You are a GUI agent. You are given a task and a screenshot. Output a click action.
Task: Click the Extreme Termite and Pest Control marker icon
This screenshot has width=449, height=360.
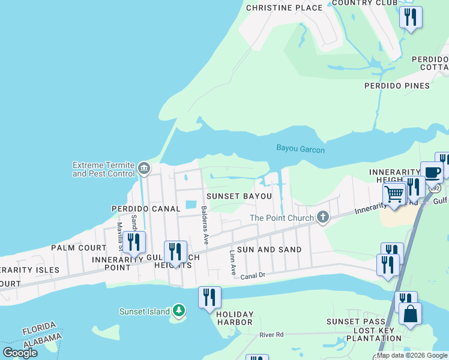143,169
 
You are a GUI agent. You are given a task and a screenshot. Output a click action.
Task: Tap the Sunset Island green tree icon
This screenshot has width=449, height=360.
178,311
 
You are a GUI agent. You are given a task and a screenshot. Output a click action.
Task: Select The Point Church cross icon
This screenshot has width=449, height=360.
323,217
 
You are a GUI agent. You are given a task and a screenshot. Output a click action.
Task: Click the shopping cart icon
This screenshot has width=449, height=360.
394,193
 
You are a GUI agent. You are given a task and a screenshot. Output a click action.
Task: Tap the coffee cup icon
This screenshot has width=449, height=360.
432,172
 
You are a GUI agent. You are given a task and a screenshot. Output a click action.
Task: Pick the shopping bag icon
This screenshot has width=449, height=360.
410,313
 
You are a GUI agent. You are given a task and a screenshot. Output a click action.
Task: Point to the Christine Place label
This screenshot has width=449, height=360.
285,8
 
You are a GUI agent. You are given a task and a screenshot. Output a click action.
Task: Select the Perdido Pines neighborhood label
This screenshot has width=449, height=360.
397,86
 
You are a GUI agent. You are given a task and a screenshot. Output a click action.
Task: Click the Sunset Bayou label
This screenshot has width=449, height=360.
239,196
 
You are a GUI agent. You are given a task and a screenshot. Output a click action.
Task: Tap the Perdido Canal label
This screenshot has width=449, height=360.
146,209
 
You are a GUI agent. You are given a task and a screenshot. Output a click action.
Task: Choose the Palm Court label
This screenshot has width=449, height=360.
78,247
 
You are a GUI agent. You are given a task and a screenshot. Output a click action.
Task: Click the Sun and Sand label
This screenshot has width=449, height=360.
269,249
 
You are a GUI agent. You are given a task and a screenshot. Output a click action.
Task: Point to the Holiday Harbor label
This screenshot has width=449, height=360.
234,318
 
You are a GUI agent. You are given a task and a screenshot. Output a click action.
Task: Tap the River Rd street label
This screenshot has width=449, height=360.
271,334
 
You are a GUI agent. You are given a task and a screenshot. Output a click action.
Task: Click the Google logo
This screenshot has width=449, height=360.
20,353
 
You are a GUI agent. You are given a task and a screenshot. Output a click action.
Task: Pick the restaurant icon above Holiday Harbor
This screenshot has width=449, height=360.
209,297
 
